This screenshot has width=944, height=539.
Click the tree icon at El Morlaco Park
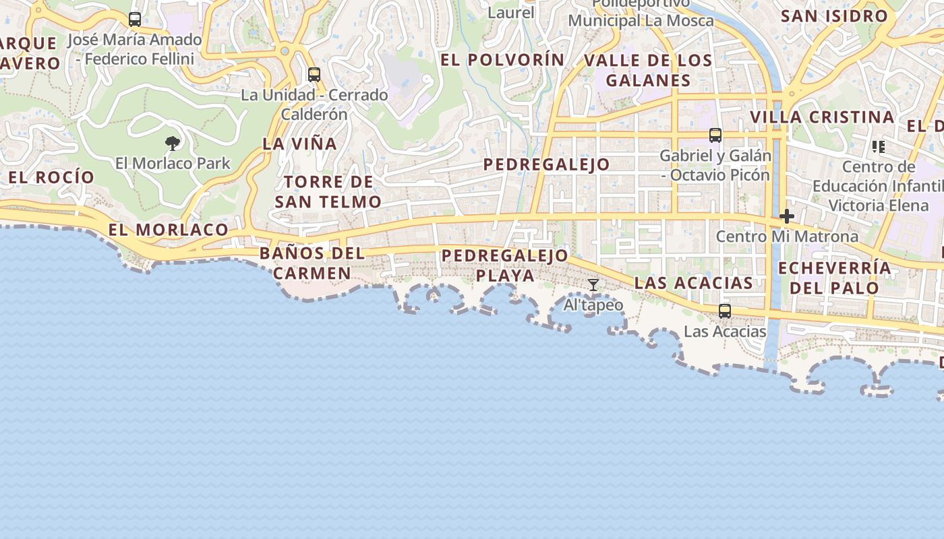(173, 143)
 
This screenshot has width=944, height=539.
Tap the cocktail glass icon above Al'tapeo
(593, 285)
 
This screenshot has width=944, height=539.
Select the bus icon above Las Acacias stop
(725, 311)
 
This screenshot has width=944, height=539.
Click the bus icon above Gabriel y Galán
(715, 135)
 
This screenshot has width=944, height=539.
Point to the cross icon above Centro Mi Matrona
(786, 216)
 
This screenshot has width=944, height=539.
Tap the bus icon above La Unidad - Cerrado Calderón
(314, 74)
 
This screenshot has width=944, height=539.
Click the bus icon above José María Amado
(135, 20)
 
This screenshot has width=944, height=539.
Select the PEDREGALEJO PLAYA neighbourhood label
(505, 265)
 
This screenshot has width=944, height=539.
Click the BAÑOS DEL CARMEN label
(312, 263)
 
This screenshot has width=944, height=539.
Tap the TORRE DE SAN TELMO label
(328, 191)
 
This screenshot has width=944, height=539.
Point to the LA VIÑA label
(299, 144)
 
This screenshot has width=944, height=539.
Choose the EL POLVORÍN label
(502, 59)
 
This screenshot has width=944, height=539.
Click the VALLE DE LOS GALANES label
(648, 70)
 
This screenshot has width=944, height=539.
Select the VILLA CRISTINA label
(822, 117)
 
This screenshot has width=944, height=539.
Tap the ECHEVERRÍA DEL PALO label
(835, 278)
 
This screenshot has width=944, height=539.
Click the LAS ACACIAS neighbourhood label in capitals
(694, 282)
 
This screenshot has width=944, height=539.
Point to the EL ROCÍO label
(51, 177)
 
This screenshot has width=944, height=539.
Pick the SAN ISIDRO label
(834, 15)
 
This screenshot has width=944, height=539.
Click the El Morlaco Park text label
(173, 163)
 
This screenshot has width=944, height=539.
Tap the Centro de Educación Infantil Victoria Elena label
(878, 185)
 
